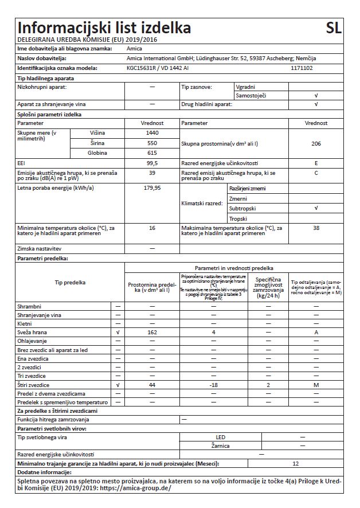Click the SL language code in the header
pyautogui.click(x=333, y=28)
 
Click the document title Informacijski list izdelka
pyautogui.click(x=104, y=28)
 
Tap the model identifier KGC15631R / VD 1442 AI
pyautogui.click(x=158, y=68)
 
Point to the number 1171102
pyautogui.click(x=302, y=68)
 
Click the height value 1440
pyautogui.click(x=152, y=132)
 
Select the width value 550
pyautogui.click(x=152, y=142)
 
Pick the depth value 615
pyautogui.click(x=152, y=153)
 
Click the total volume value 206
pyautogui.click(x=316, y=143)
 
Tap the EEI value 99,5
pyautogui.click(x=152, y=163)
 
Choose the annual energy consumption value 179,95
pyautogui.click(x=152, y=187)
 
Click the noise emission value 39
pyautogui.click(x=152, y=173)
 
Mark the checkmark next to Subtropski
pyautogui.click(x=316, y=209)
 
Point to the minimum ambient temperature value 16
pyautogui.click(x=152, y=228)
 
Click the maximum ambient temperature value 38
pyautogui.click(x=316, y=228)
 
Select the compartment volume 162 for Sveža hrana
pyautogui.click(x=152, y=332)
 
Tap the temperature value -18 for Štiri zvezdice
pyautogui.click(x=213, y=385)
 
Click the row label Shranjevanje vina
pyautogui.click(x=40, y=315)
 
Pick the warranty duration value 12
pyautogui.click(x=296, y=463)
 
